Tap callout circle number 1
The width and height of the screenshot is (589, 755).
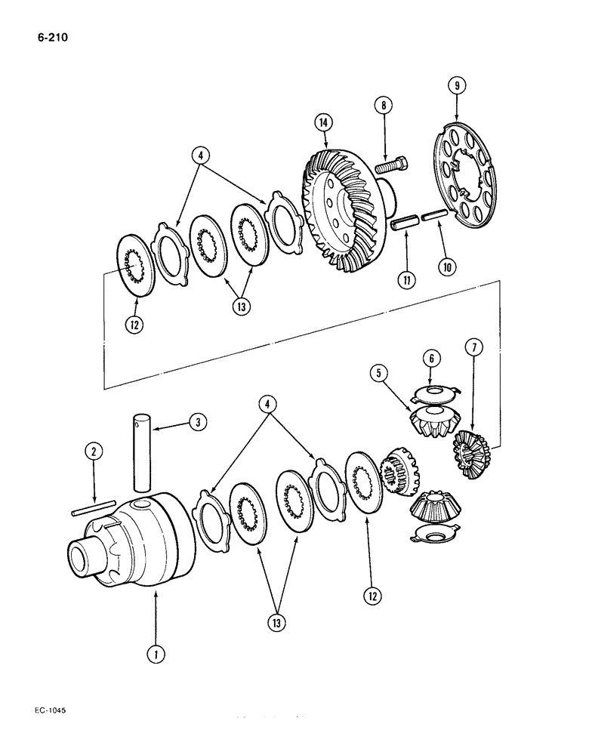click(156, 655)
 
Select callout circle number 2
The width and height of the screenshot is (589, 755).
click(92, 452)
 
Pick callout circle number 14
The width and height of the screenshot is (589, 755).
click(325, 121)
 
